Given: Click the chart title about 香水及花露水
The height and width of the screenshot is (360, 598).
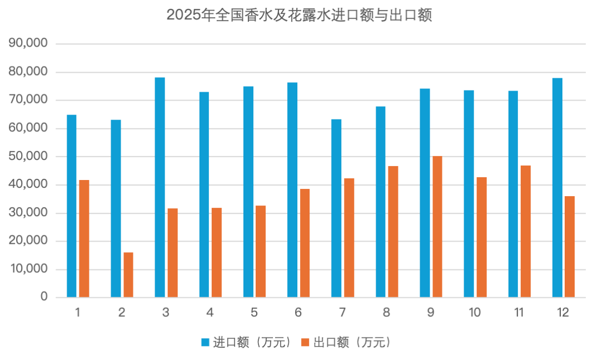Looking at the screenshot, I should pyautogui.click(x=299, y=15).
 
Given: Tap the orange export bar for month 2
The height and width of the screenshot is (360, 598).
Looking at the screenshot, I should pyautogui.click(x=128, y=275).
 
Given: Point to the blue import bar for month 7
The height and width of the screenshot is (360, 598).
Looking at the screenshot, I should pyautogui.click(x=336, y=208).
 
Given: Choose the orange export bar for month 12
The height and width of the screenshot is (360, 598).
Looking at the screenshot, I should pyautogui.click(x=570, y=247).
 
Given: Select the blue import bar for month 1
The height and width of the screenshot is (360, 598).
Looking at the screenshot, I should pyautogui.click(x=72, y=206).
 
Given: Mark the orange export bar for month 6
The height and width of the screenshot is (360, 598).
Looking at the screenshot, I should pyautogui.click(x=305, y=243).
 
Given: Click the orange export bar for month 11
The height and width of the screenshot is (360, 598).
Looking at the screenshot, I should pyautogui.click(x=525, y=231).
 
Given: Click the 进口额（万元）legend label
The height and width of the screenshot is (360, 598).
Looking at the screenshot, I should pyautogui.click(x=252, y=342).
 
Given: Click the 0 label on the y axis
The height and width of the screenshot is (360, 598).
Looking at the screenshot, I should pyautogui.click(x=44, y=298).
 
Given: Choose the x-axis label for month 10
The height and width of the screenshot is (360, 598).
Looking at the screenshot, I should pyautogui.click(x=475, y=313).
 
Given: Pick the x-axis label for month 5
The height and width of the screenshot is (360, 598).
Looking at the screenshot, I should pyautogui.click(x=254, y=313).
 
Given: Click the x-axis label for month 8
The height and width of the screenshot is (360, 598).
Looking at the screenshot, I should pyautogui.click(x=386, y=313).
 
